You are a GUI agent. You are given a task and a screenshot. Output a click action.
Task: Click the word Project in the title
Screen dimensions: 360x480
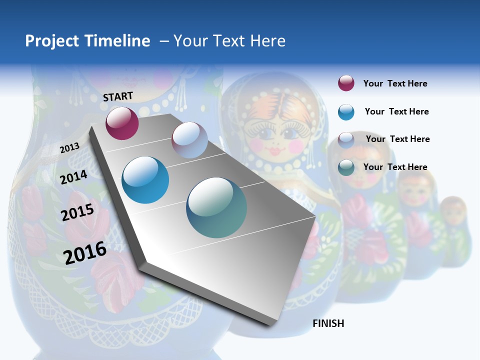click(x=52, y=41)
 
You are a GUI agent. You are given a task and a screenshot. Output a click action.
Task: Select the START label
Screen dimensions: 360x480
click(x=118, y=96)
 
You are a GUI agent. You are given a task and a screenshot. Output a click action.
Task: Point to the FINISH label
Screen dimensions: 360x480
click(x=328, y=323)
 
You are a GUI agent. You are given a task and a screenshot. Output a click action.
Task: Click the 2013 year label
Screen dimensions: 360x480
click(x=69, y=147)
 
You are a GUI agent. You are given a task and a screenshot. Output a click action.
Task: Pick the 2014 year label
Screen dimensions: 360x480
click(x=74, y=176)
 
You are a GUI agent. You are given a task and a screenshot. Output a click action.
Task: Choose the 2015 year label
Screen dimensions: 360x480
click(x=77, y=212)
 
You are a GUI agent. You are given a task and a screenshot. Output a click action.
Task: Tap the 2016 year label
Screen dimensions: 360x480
click(x=85, y=252)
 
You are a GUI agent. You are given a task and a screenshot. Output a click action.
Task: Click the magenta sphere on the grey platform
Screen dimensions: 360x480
click(x=122, y=123)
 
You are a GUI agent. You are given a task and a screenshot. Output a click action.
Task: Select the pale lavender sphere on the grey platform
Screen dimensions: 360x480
click(x=189, y=140)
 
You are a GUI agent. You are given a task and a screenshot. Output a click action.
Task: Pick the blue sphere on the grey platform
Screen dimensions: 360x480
click(x=145, y=180)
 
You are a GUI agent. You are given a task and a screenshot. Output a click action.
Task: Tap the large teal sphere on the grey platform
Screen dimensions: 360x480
click(x=216, y=207)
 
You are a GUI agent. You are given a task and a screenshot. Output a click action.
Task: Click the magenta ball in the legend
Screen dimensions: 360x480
click(x=346, y=83)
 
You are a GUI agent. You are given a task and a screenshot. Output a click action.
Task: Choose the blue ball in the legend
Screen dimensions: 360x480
click(x=346, y=112)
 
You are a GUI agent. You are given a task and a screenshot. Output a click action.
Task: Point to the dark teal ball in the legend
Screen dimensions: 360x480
click(x=346, y=167)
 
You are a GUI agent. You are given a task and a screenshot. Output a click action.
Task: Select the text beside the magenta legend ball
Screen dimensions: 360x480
click(x=395, y=83)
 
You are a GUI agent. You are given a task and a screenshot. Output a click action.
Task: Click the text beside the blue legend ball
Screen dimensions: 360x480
click(x=396, y=111)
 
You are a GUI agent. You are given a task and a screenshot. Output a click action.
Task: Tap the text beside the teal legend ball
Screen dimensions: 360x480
click(x=395, y=167)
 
